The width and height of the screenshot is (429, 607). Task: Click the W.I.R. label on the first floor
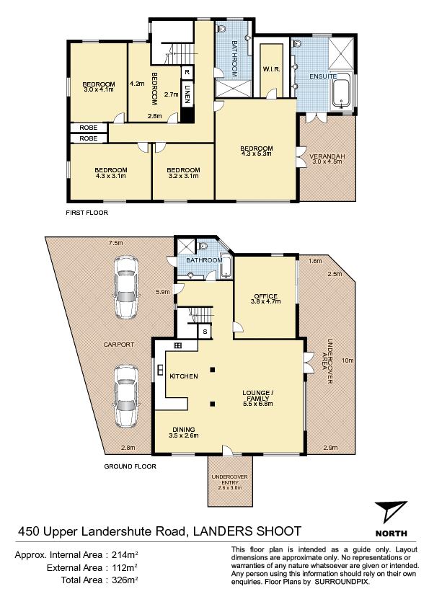tap(271, 69)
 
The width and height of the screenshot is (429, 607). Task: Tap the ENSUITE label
tap(323, 76)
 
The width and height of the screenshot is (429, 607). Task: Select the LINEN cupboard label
tap(187, 94)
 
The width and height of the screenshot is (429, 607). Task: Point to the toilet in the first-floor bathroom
tap(222, 27)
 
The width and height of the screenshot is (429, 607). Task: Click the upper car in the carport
tap(126, 287)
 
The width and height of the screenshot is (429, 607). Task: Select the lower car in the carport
tap(126, 396)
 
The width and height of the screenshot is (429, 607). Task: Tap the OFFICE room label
tap(265, 296)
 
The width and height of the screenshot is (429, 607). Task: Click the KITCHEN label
tap(184, 376)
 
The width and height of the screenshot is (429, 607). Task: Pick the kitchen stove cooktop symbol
tap(177, 345)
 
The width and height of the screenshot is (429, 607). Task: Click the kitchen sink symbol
tap(160, 370)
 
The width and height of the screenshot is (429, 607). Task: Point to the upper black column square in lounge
tap(212, 369)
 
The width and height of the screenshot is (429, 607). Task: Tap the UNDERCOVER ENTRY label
tap(229, 479)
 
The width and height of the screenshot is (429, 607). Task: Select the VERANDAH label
tap(327, 156)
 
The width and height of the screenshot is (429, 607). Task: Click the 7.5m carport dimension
tap(116, 243)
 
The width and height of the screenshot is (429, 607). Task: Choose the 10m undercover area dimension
tap(348, 360)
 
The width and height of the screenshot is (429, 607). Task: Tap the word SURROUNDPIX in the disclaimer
tap(342, 582)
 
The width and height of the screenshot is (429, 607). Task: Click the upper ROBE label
tap(88, 128)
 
